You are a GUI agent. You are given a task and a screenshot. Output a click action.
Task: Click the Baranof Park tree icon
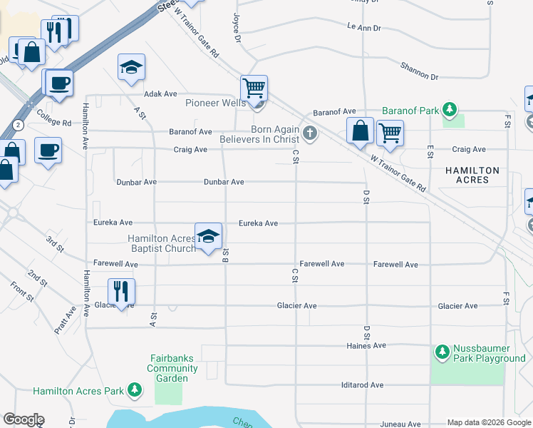(450, 109)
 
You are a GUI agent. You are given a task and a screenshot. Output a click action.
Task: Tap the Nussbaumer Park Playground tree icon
(443, 351)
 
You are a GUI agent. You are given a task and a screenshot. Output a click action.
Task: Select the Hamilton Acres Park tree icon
(134, 389)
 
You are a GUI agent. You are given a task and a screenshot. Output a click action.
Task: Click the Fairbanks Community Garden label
(172, 368)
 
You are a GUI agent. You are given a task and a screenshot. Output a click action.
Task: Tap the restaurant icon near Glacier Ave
(121, 291)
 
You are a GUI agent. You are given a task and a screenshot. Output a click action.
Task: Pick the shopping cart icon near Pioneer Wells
(254, 88)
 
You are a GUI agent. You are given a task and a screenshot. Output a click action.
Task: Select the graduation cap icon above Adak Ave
(131, 68)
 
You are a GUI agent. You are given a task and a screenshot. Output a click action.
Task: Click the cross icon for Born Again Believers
(309, 132)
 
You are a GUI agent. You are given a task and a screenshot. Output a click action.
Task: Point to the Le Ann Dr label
(363, 27)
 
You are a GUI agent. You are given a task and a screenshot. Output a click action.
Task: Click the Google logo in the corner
(24, 419)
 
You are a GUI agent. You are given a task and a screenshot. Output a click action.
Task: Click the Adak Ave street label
(160, 93)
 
